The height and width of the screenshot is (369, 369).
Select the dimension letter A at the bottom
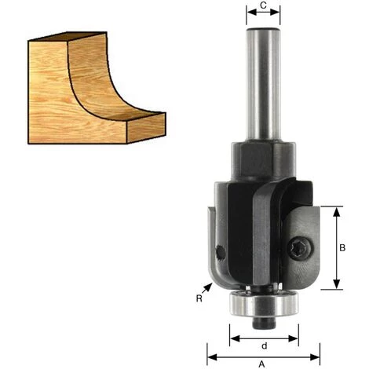click(x=262, y=363)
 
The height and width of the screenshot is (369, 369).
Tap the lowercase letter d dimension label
click(x=264, y=346)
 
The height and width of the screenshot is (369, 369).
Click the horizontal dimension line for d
click(x=264, y=339)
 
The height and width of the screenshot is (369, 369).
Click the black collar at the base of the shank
click(x=262, y=160)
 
